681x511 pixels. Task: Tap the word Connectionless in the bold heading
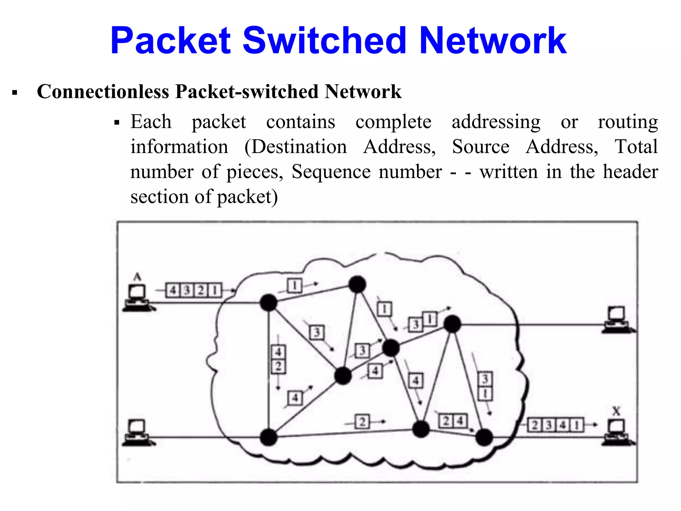[x=103, y=91]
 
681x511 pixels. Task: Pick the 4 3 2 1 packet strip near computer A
[x=194, y=290]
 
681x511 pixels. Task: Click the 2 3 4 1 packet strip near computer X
[x=555, y=425]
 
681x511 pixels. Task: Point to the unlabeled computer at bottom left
[x=137, y=432]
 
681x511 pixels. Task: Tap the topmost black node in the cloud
[x=357, y=284]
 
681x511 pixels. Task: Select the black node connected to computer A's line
[x=268, y=302]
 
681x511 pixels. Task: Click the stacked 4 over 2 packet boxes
[x=278, y=359]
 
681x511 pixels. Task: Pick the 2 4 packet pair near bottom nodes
[x=453, y=421]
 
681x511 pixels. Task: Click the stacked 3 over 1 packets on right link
[x=485, y=386]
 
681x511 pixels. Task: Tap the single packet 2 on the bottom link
[x=362, y=422]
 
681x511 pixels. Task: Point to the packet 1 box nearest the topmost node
[x=295, y=285]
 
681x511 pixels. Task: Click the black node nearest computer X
[x=484, y=437]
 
